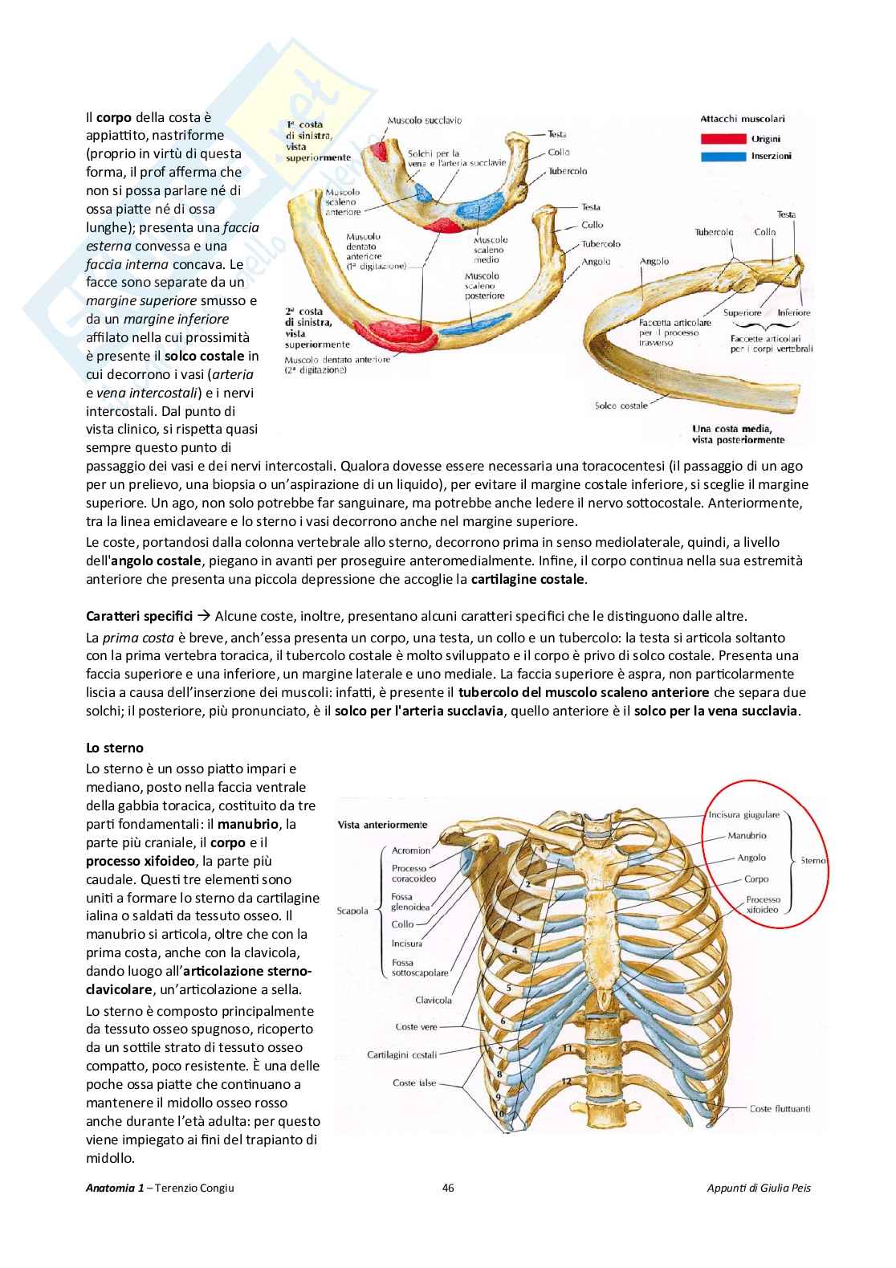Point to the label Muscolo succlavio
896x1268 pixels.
tap(424, 120)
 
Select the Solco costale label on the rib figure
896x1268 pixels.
tap(621, 406)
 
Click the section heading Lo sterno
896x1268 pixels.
tap(115, 748)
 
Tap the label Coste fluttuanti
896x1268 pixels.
tap(779, 1109)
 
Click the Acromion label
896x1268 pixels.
tap(411, 850)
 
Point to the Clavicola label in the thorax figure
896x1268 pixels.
tap(434, 1001)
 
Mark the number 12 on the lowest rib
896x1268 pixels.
tap(566, 1082)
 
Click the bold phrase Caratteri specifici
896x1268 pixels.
tap(128, 616)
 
